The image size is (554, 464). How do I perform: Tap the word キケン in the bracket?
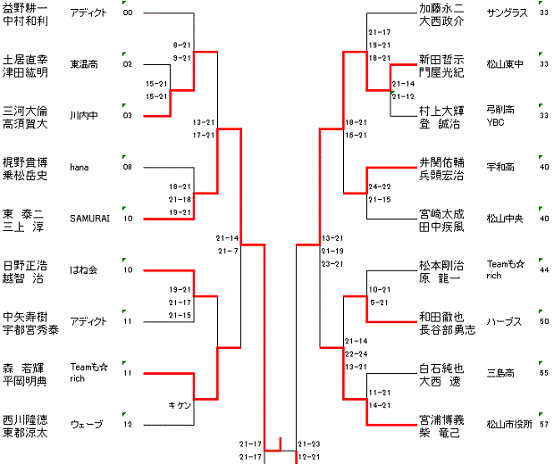(180, 405)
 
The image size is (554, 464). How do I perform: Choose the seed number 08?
(128, 167)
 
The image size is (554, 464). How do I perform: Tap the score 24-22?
(379, 186)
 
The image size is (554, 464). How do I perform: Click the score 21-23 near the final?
(308, 443)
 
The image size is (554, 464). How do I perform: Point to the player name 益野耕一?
(25, 8)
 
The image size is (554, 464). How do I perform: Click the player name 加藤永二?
(441, 8)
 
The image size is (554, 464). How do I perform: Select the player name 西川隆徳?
(25, 418)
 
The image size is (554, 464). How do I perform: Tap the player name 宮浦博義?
(441, 418)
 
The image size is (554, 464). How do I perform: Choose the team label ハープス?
(503, 321)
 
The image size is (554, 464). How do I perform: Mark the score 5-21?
(378, 303)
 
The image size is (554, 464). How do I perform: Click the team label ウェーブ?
(86, 424)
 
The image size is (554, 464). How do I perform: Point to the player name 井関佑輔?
(441, 162)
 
